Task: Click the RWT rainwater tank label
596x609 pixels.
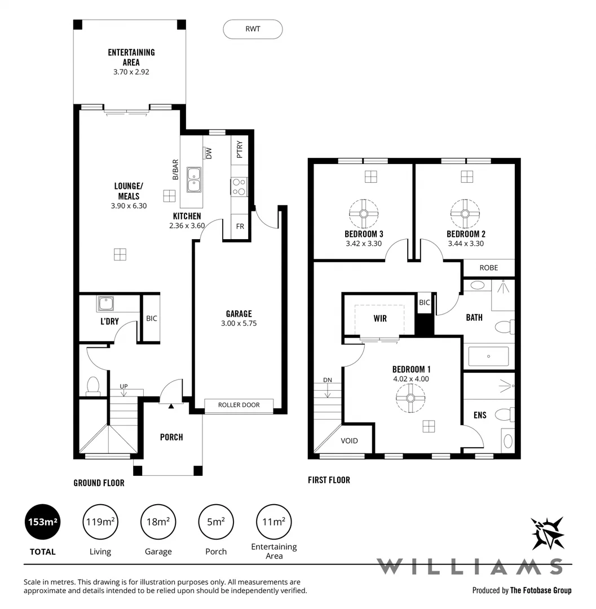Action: click(253, 29)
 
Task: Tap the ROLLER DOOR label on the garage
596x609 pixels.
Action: click(239, 405)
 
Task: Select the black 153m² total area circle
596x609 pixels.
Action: click(43, 522)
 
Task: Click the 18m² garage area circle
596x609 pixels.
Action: click(158, 522)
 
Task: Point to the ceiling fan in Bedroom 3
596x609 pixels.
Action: click(363, 213)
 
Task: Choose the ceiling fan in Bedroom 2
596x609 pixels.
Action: click(466, 213)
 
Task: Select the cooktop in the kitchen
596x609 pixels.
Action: click(239, 187)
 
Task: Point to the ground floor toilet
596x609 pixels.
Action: click(93, 386)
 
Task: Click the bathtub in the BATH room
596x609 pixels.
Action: click(488, 356)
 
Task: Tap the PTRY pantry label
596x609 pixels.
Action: click(240, 149)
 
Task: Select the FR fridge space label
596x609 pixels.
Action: click(240, 226)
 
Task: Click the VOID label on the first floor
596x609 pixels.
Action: click(350, 441)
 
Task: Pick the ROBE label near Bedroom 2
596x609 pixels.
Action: click(488, 267)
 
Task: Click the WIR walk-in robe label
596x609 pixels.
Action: click(380, 319)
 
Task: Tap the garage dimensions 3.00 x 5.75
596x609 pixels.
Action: click(239, 324)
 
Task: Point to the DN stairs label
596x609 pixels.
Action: click(328, 379)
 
